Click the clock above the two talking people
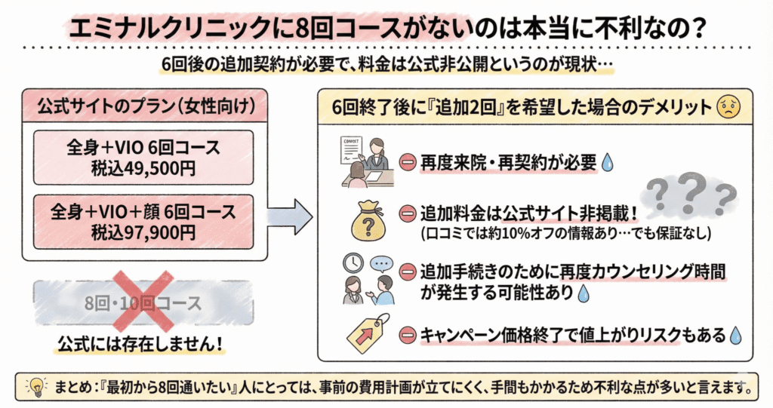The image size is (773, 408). tap(351, 264)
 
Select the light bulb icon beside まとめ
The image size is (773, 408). tap(35, 388)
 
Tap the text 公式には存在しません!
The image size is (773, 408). tap(142, 342)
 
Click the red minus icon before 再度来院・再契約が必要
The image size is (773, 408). tap(408, 162)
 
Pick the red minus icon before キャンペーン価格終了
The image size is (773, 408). tap(408, 333)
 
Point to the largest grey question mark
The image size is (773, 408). tap(688, 189)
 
